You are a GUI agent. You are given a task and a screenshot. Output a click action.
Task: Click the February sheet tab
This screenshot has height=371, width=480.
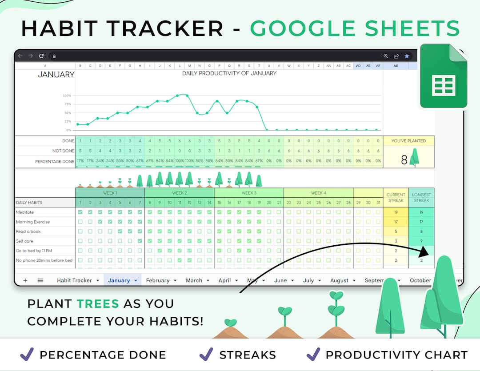tap(158, 280)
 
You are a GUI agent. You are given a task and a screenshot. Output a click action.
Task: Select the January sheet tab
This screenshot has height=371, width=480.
tap(119, 280)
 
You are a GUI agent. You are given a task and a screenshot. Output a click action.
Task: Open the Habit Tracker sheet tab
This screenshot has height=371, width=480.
tap(74, 280)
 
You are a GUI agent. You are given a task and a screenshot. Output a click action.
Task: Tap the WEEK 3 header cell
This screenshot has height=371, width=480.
tap(249, 193)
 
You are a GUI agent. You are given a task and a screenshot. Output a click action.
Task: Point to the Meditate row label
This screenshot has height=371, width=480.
tap(25, 212)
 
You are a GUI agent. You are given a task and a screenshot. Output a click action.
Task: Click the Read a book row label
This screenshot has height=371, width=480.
tap(29, 231)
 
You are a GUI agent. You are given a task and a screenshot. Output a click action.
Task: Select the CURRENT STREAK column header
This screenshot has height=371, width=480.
tap(396, 197)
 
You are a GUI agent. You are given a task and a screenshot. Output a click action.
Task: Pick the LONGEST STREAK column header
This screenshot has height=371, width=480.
tap(421, 197)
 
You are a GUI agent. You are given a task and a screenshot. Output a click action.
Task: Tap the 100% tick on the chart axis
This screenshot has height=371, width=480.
tap(67, 96)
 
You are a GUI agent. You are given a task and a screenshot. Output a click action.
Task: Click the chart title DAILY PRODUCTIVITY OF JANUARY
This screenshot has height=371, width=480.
tap(229, 73)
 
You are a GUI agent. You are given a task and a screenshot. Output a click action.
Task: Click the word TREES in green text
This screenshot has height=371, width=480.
tap(98, 304)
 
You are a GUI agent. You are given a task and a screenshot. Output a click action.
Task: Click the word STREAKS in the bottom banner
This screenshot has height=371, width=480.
tap(248, 355)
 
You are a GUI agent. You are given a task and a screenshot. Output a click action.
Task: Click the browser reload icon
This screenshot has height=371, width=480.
tap(41, 56)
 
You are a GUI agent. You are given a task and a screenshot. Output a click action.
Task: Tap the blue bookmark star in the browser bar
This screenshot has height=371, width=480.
tap(407, 56)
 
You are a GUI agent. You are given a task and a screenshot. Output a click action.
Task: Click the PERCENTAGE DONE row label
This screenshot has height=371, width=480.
tap(55, 161)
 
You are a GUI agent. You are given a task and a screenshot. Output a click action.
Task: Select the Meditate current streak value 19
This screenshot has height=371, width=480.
tap(396, 212)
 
